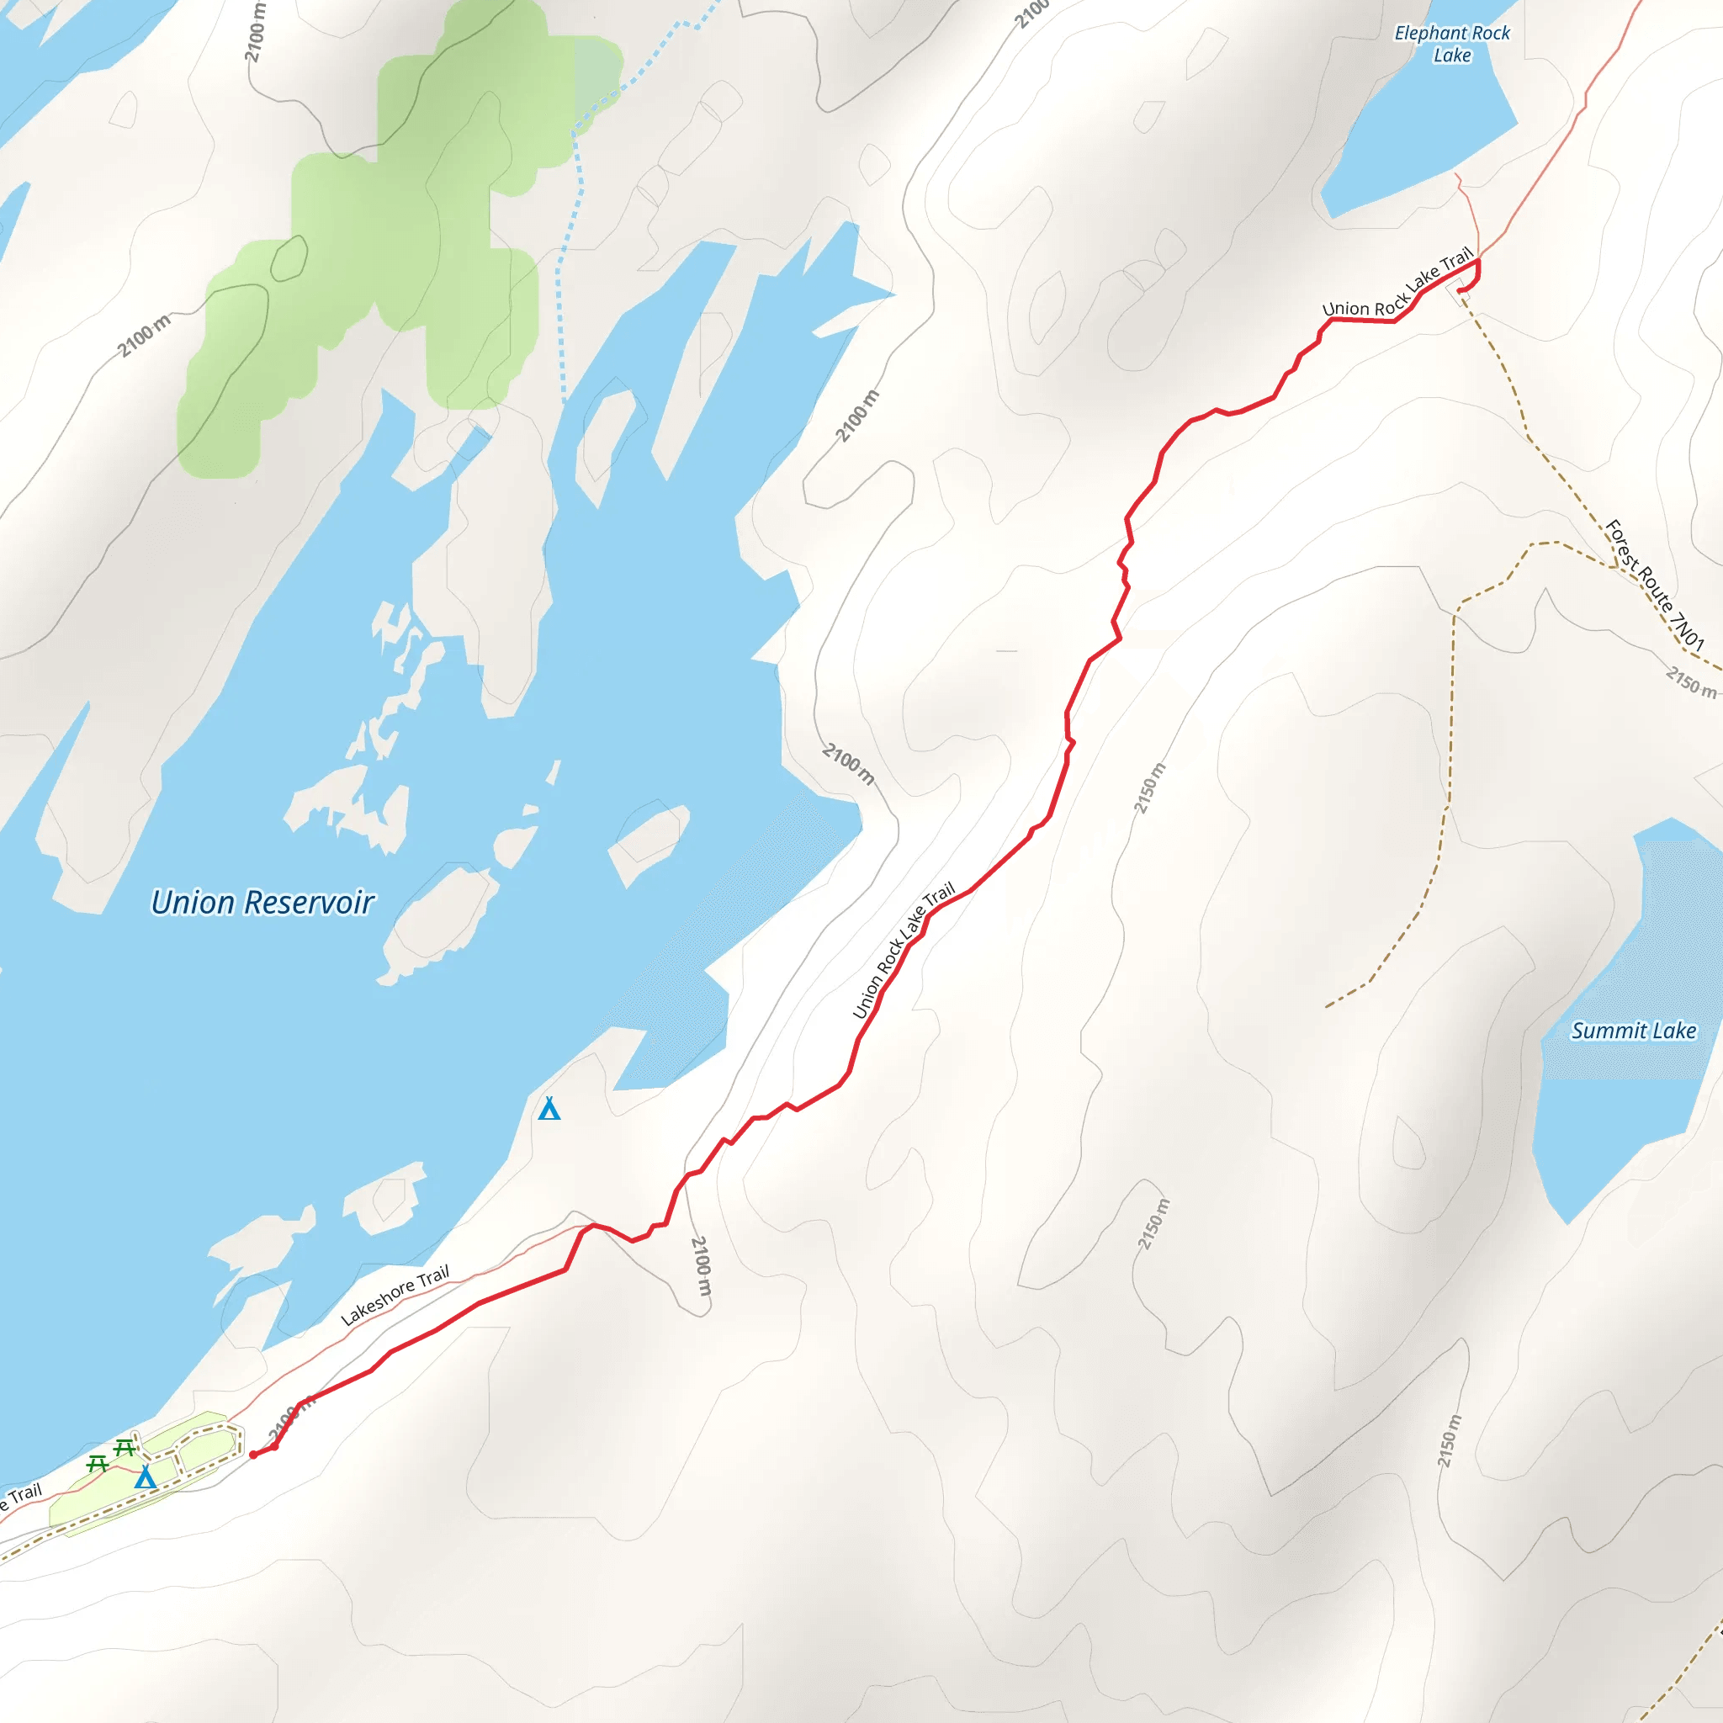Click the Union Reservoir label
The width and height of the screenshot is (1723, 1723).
click(x=262, y=903)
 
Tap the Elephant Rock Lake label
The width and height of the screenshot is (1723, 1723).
click(x=1452, y=44)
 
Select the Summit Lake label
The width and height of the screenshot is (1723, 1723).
click(x=1633, y=1031)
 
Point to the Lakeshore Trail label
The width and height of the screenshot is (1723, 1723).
click(x=395, y=1296)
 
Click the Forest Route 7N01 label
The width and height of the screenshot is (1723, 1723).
click(x=1654, y=585)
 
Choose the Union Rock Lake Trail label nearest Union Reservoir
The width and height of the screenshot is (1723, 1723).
click(x=904, y=951)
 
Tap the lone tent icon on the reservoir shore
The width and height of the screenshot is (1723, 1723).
click(x=549, y=1109)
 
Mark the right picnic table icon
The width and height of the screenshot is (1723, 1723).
click(x=125, y=1446)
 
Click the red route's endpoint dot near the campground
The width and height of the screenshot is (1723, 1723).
click(x=254, y=1455)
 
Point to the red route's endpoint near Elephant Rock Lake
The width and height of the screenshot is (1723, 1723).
click(x=1460, y=290)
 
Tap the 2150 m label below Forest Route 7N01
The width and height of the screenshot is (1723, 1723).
click(x=1690, y=682)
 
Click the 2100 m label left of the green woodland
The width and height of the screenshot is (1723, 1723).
click(x=144, y=336)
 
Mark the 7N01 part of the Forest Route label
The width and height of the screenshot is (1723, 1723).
click(x=1688, y=629)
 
